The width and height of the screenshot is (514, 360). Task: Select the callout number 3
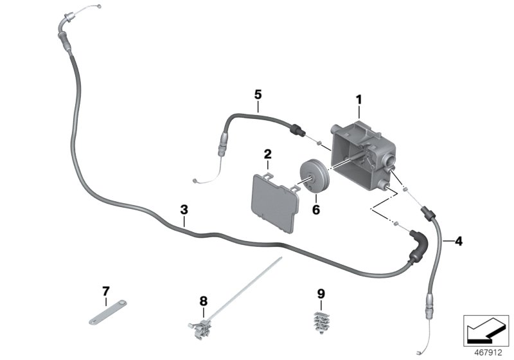[x=184, y=210]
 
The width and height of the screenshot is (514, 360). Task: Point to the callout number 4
[x=458, y=242]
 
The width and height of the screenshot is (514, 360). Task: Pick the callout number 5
[x=258, y=94]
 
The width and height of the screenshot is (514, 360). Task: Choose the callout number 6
[x=315, y=209]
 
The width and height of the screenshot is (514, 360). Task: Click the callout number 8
[x=203, y=300]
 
